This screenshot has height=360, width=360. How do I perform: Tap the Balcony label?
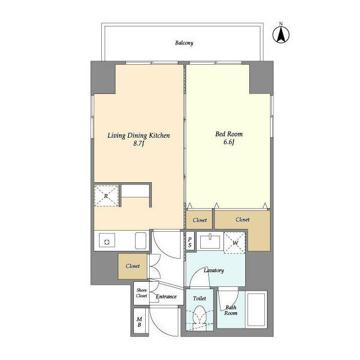pyautogui.click(x=184, y=43)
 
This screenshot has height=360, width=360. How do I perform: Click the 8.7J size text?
pyautogui.click(x=138, y=144)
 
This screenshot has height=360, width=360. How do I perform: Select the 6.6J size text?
pyautogui.click(x=229, y=142)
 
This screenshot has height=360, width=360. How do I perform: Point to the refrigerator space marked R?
pyautogui.click(x=106, y=196)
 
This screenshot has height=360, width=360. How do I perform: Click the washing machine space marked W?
pyautogui.click(x=235, y=242)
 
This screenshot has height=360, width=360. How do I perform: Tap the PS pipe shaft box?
pyautogui.click(x=190, y=242)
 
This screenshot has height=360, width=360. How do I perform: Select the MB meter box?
pyautogui.click(x=139, y=321)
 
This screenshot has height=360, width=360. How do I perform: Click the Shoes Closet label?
pyautogui.click(x=141, y=292)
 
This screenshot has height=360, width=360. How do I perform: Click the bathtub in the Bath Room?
pyautogui.click(x=256, y=309)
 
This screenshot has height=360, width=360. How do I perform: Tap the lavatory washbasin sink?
pyautogui.click(x=210, y=241)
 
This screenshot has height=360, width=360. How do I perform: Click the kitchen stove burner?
pyautogui.click(x=107, y=241)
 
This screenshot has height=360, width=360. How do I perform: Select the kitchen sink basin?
pyautogui.click(x=141, y=241)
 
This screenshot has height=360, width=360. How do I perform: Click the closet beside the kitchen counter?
pyautogui.click(x=133, y=266)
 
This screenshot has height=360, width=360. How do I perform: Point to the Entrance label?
pyautogui.click(x=166, y=296)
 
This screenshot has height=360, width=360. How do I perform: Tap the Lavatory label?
pyautogui.click(x=214, y=271)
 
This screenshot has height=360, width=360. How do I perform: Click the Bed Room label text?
pyautogui.click(x=229, y=134)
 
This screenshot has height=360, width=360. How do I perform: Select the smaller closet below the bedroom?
pyautogui.click(x=199, y=220)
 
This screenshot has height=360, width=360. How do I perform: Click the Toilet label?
pyautogui.click(x=200, y=298)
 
